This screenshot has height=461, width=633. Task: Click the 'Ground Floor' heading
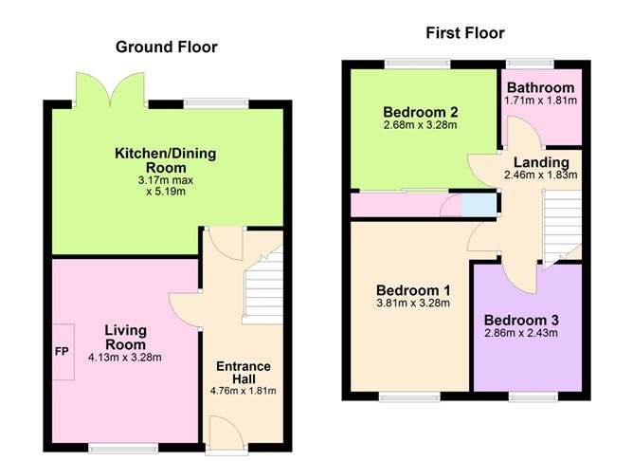pos(166,46)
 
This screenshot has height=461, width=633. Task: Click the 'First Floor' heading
pos(463,33)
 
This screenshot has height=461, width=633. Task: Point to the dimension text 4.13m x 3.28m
pos(124,358)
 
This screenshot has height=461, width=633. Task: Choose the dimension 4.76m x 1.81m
pos(244,389)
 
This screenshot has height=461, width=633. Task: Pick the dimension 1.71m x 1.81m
pos(540,101)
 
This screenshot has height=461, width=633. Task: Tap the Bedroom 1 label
pos(412,289)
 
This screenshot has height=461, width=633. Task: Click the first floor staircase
pos(559,223)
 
